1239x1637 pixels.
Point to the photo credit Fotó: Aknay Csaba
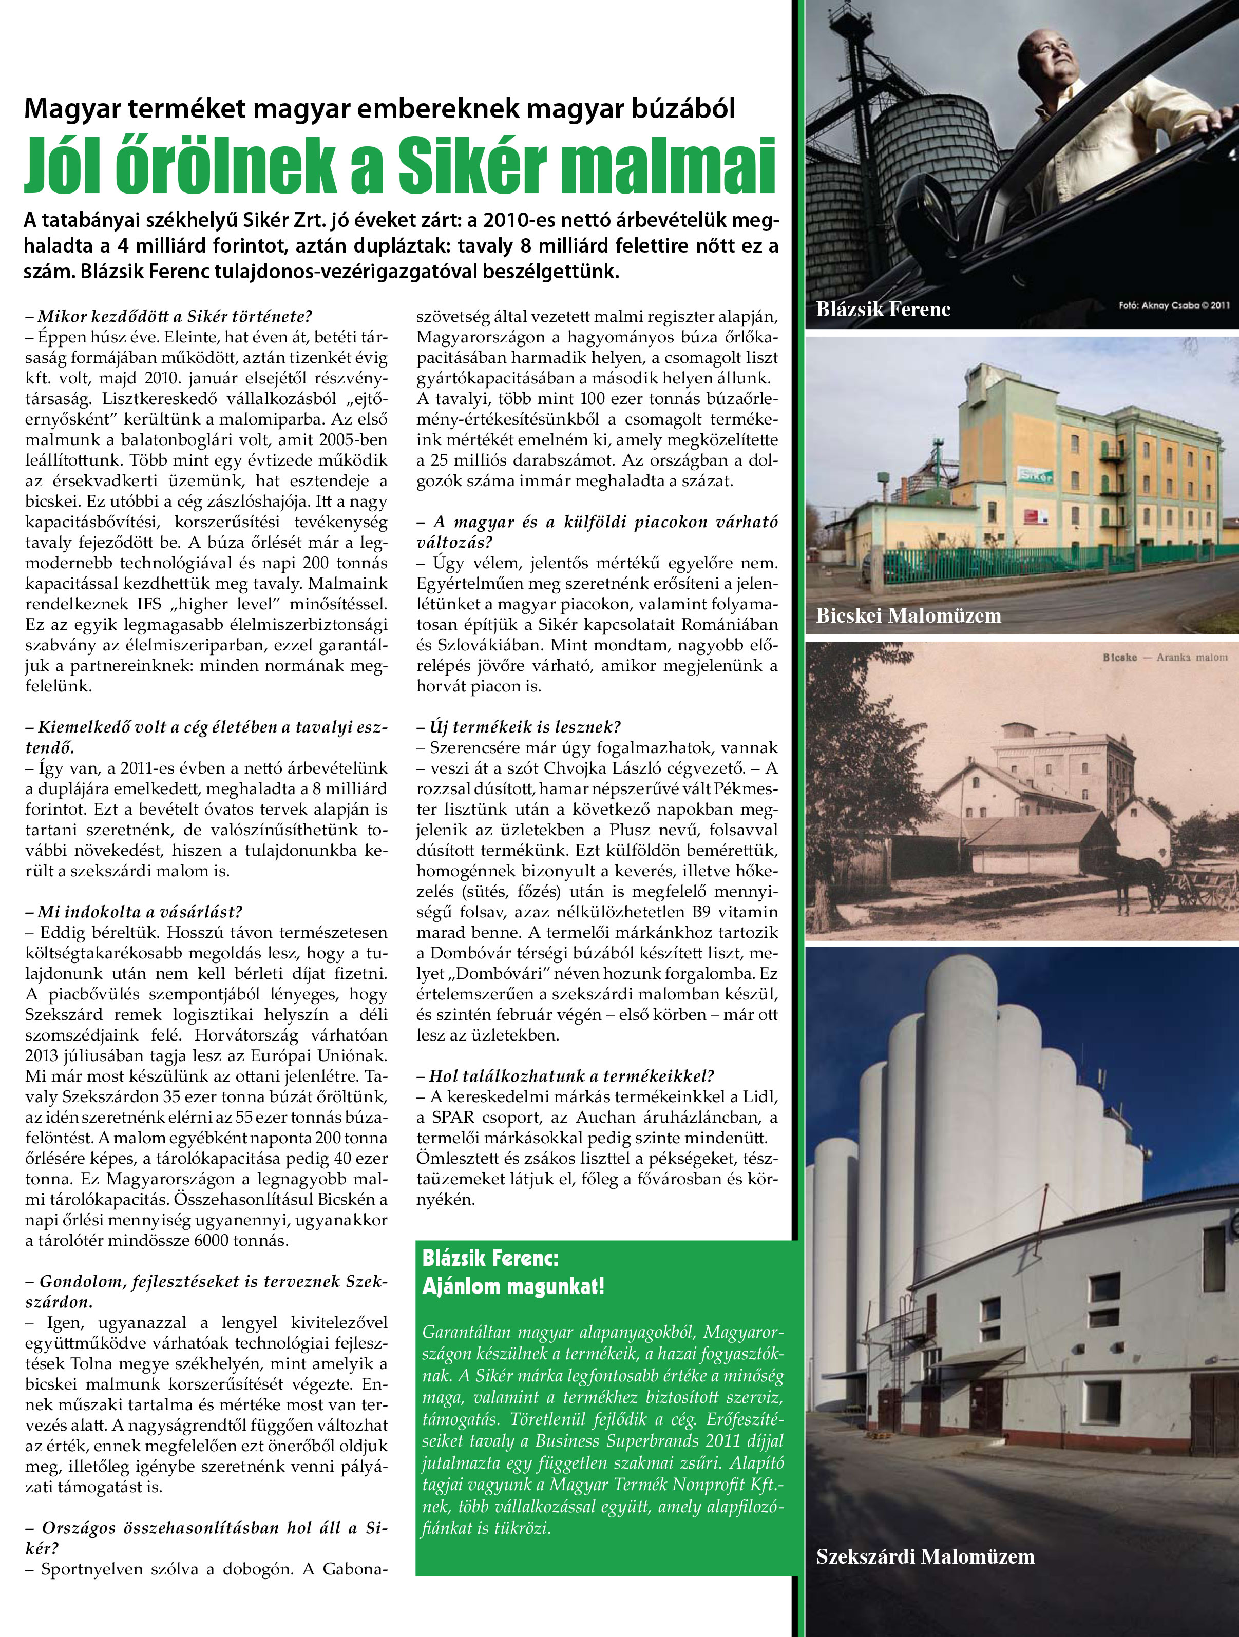click(1174, 305)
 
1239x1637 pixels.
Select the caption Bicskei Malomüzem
click(908, 615)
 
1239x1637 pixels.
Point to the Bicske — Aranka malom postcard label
click(1164, 657)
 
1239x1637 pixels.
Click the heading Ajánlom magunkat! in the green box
click(513, 1286)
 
